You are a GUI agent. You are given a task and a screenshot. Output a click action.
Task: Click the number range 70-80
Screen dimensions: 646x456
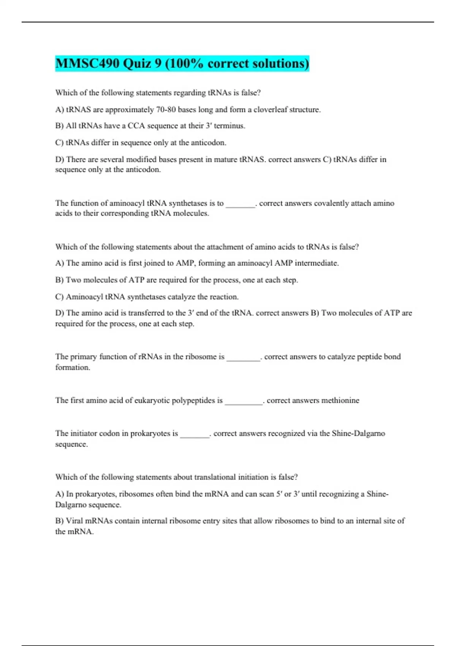[166, 110]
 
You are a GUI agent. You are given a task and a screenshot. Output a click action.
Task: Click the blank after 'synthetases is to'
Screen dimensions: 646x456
[240, 204]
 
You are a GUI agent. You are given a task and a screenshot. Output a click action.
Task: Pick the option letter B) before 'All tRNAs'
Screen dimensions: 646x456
[59, 126]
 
